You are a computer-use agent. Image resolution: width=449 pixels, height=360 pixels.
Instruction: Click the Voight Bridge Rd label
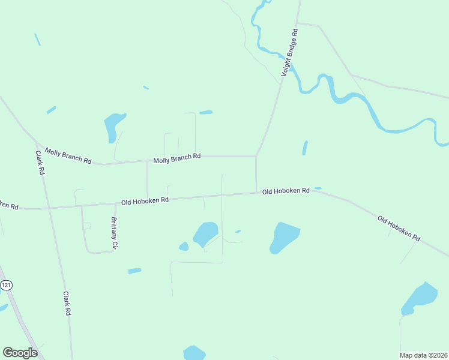pyautogui.click(x=291, y=52)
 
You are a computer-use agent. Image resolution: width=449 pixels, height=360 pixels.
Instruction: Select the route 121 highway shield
pyautogui.click(x=6, y=286)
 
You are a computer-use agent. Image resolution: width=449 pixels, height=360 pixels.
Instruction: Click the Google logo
pyautogui.click(x=20, y=352)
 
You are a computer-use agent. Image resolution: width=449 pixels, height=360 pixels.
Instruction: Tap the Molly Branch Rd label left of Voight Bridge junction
pyautogui.click(x=176, y=158)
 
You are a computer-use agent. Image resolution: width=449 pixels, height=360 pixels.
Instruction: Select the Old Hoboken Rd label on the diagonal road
pyautogui.click(x=399, y=228)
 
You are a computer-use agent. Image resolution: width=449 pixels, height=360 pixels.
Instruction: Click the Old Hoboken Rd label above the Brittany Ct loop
pyautogui.click(x=145, y=200)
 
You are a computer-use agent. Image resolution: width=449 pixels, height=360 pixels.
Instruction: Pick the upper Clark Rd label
pyautogui.click(x=40, y=162)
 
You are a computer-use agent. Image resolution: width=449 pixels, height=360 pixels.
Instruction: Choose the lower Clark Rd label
pyautogui.click(x=67, y=304)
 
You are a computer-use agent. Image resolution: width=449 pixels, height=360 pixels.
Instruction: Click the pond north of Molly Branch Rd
pyautogui.click(x=113, y=125)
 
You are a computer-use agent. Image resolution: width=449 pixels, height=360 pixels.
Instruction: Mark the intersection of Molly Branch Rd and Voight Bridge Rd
pyautogui.click(x=256, y=156)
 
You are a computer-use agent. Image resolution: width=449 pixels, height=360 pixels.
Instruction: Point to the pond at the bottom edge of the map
pyautogui.click(x=194, y=353)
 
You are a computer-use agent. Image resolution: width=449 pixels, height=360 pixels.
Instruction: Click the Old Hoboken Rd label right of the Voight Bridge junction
pyautogui.click(x=286, y=191)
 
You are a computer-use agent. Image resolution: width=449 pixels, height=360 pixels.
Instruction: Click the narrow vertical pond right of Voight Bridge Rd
pyautogui.click(x=305, y=148)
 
